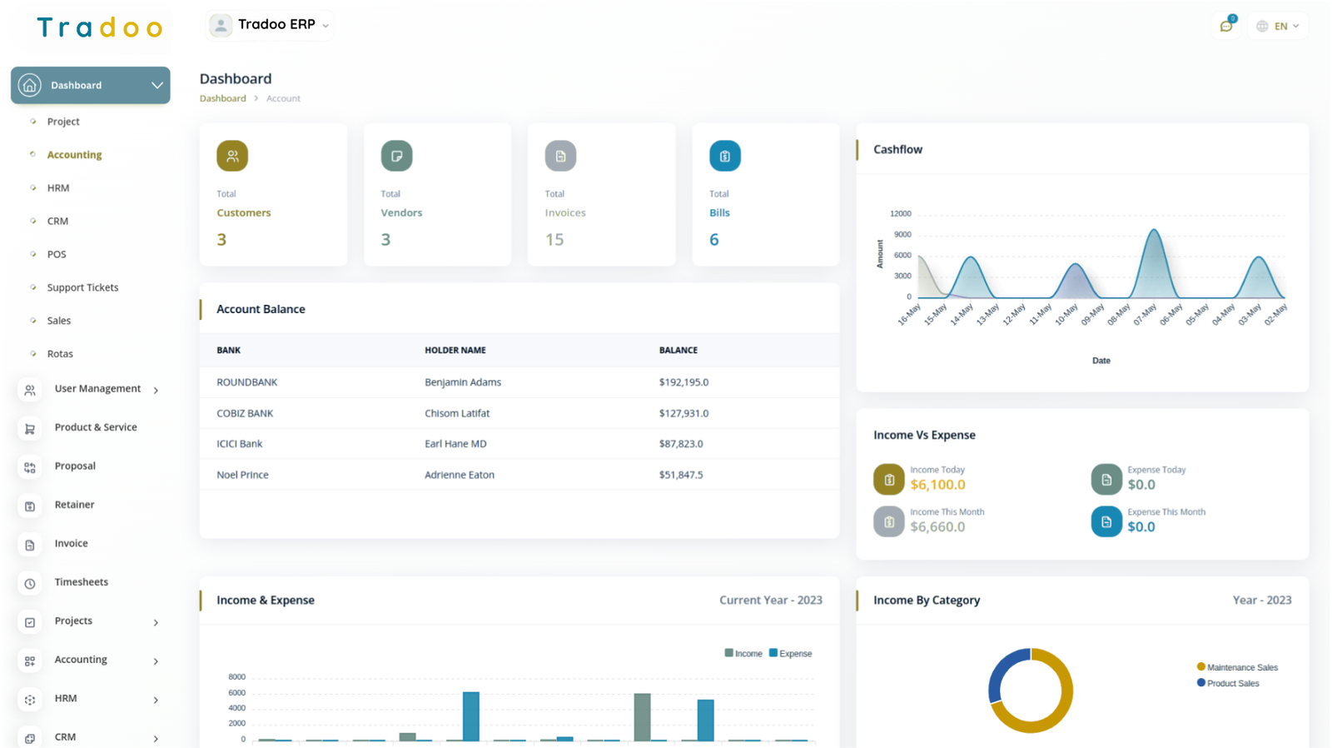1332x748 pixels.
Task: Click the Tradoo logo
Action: click(100, 28)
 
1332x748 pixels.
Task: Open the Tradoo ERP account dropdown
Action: click(270, 25)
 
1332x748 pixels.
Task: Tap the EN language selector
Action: click(1279, 26)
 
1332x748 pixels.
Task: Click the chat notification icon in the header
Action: click(1226, 26)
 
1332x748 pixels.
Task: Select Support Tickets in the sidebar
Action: click(82, 287)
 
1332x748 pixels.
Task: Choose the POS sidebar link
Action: click(57, 254)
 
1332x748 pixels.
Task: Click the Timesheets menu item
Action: click(81, 582)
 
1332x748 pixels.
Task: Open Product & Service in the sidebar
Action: click(96, 427)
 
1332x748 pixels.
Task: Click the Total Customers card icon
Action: click(232, 156)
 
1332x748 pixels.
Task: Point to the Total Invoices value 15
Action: click(554, 240)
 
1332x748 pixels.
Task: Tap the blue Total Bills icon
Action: click(724, 156)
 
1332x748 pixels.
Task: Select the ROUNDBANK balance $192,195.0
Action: click(683, 382)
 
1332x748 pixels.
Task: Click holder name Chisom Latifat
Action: click(457, 413)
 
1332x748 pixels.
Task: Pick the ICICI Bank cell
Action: click(240, 444)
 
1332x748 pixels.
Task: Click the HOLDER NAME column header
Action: click(455, 351)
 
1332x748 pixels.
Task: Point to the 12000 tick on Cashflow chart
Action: click(901, 214)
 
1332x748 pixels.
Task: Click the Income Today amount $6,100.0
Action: click(937, 485)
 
